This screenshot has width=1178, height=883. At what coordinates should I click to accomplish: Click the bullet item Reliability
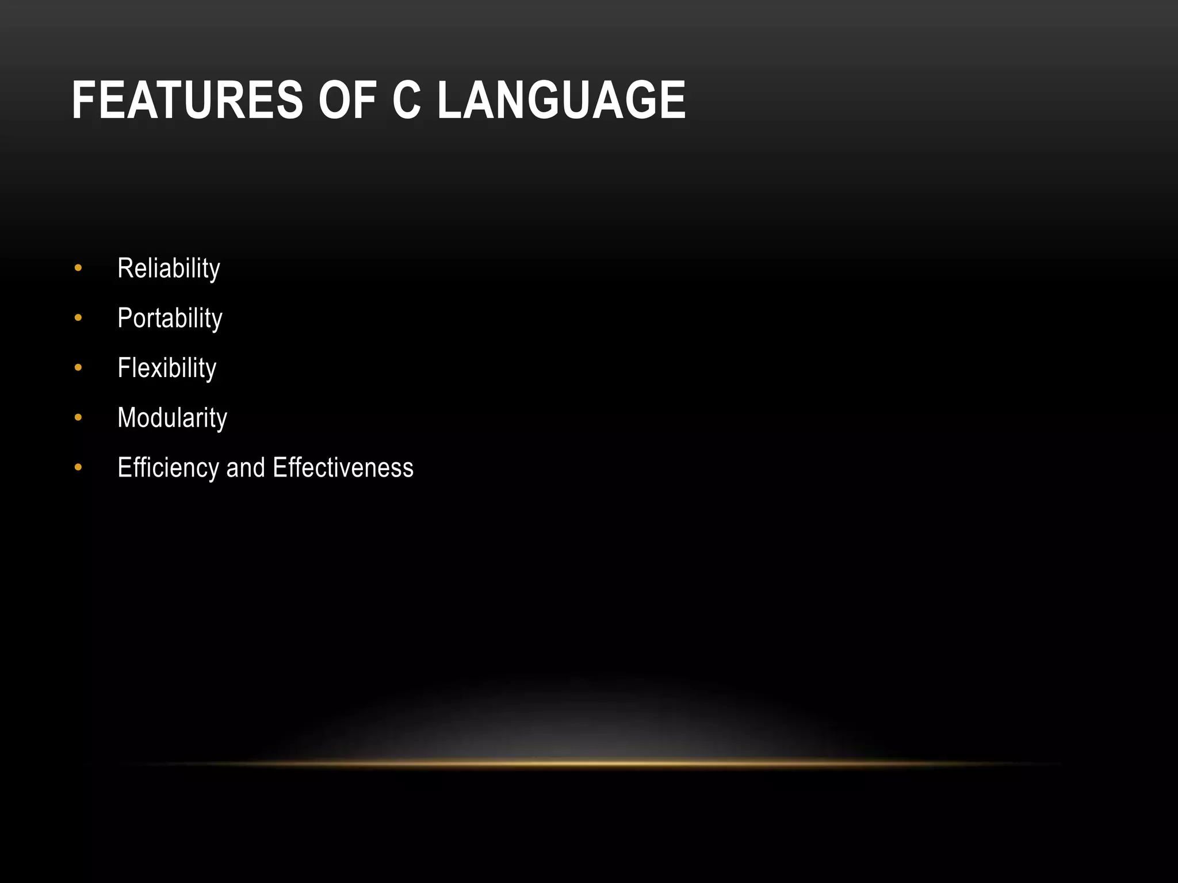pos(169,268)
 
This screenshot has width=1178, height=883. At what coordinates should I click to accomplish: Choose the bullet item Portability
pos(170,318)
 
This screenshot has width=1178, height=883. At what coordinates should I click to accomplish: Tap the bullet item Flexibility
pos(167,368)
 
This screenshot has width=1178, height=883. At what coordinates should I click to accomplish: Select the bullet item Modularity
pos(172,418)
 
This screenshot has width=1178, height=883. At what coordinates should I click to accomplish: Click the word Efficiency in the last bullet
pos(168,468)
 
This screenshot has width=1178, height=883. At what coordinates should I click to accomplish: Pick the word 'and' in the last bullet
pos(246,468)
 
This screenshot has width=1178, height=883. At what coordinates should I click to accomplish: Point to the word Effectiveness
pos(343,468)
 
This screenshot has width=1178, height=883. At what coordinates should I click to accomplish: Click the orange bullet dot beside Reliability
pos(78,268)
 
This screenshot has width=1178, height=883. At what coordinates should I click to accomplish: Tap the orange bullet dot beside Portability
pos(78,318)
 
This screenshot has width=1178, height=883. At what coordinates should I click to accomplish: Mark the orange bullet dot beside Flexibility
pos(78,367)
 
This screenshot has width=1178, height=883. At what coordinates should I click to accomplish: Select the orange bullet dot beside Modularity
pos(78,417)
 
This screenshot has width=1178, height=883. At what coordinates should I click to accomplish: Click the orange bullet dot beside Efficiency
pos(78,467)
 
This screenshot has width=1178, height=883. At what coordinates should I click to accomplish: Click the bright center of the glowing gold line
pos(592,763)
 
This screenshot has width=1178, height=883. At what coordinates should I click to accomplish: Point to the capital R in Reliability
pos(125,268)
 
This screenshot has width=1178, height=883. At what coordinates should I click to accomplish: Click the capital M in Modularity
pos(127,417)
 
